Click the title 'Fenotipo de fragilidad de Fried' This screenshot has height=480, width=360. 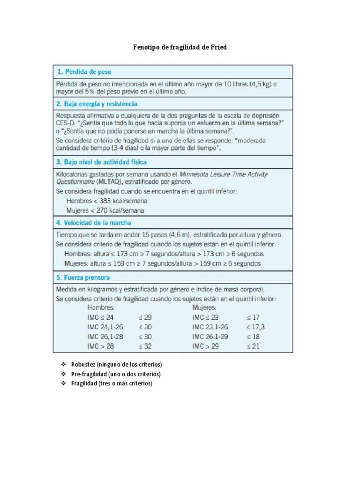point(180,48)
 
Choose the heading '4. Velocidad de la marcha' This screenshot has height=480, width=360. point(94,223)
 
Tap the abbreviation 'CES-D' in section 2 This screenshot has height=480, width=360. point(66,123)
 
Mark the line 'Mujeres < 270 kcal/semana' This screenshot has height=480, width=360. point(105,210)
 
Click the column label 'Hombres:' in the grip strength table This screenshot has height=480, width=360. point(101,308)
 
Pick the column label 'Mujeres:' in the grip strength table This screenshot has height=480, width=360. point(204,308)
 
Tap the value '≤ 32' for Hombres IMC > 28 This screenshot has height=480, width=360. point(145,347)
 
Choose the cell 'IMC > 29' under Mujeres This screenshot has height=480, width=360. point(205,347)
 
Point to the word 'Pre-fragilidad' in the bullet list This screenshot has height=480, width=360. point(89,374)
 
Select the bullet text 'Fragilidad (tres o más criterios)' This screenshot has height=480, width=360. point(112,383)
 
